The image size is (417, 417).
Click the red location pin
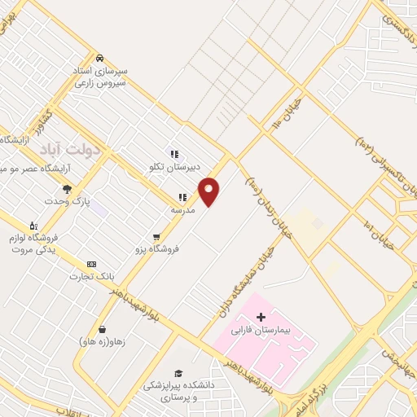pos(210,191)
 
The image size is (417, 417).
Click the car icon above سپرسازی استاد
pos(99,59)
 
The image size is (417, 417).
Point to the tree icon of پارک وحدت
pos(67,189)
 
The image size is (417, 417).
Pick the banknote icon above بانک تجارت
pos(90,264)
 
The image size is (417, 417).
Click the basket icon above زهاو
pos(102,329)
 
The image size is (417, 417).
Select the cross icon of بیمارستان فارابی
pos(261,316)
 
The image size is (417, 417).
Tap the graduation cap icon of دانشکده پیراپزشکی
pos(178,372)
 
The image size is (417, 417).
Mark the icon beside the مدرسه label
pos(182,197)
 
